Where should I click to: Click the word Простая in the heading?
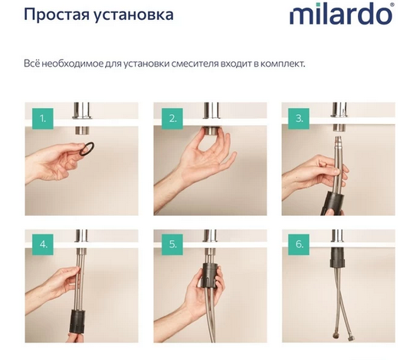click(x=54, y=15)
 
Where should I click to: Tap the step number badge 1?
click(x=44, y=119)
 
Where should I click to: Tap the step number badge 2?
click(x=172, y=119)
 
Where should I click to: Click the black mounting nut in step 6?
click(x=336, y=258)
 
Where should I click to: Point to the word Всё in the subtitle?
click(x=33, y=63)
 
